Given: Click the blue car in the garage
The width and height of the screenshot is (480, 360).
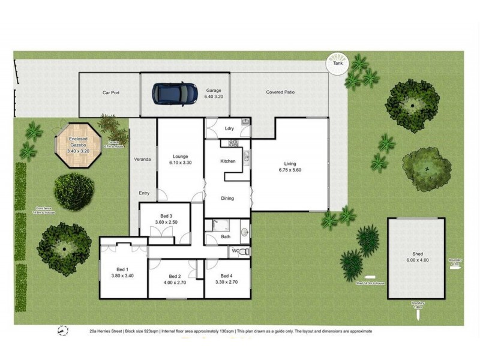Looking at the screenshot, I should tap(175, 93).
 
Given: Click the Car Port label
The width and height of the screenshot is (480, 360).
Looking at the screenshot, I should tap(112, 93).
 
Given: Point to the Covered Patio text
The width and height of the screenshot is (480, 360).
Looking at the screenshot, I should tap(280, 92).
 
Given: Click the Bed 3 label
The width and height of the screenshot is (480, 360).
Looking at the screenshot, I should tap(166, 219).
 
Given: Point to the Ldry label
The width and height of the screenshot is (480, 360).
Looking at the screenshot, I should tap(229, 128).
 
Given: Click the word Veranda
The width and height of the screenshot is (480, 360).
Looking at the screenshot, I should tap(142, 159).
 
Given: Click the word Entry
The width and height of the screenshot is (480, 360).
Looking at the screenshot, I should tap(144, 193).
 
